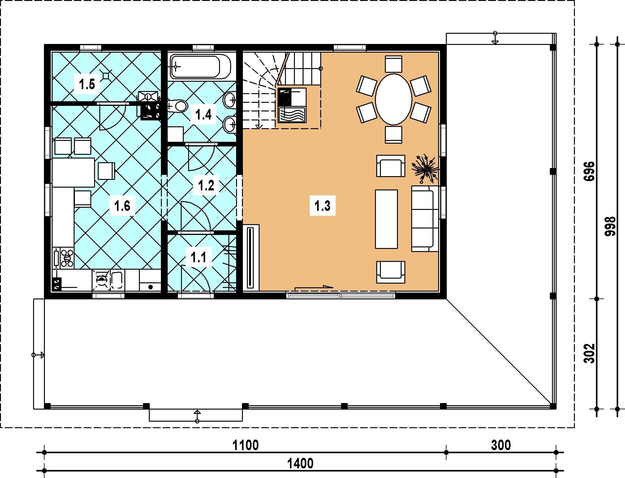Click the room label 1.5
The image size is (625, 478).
[x=87, y=84]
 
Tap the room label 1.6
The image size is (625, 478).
[x=122, y=206]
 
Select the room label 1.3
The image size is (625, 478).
[x=322, y=206]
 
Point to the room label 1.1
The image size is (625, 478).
[x=198, y=257]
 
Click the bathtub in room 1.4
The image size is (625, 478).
[x=200, y=66]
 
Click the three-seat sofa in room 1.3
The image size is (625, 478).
[x=425, y=219]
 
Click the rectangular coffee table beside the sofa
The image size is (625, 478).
[x=386, y=219]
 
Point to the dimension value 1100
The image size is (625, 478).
[x=245, y=445]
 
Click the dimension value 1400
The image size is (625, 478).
[x=300, y=464]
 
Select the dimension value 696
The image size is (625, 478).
[x=589, y=171]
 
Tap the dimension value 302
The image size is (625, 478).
[x=589, y=353]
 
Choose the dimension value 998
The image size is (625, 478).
[x=610, y=226]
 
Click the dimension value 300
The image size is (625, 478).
[x=501, y=445]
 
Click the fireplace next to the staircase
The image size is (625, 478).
[x=292, y=105]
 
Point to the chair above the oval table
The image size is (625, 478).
[x=394, y=64]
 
